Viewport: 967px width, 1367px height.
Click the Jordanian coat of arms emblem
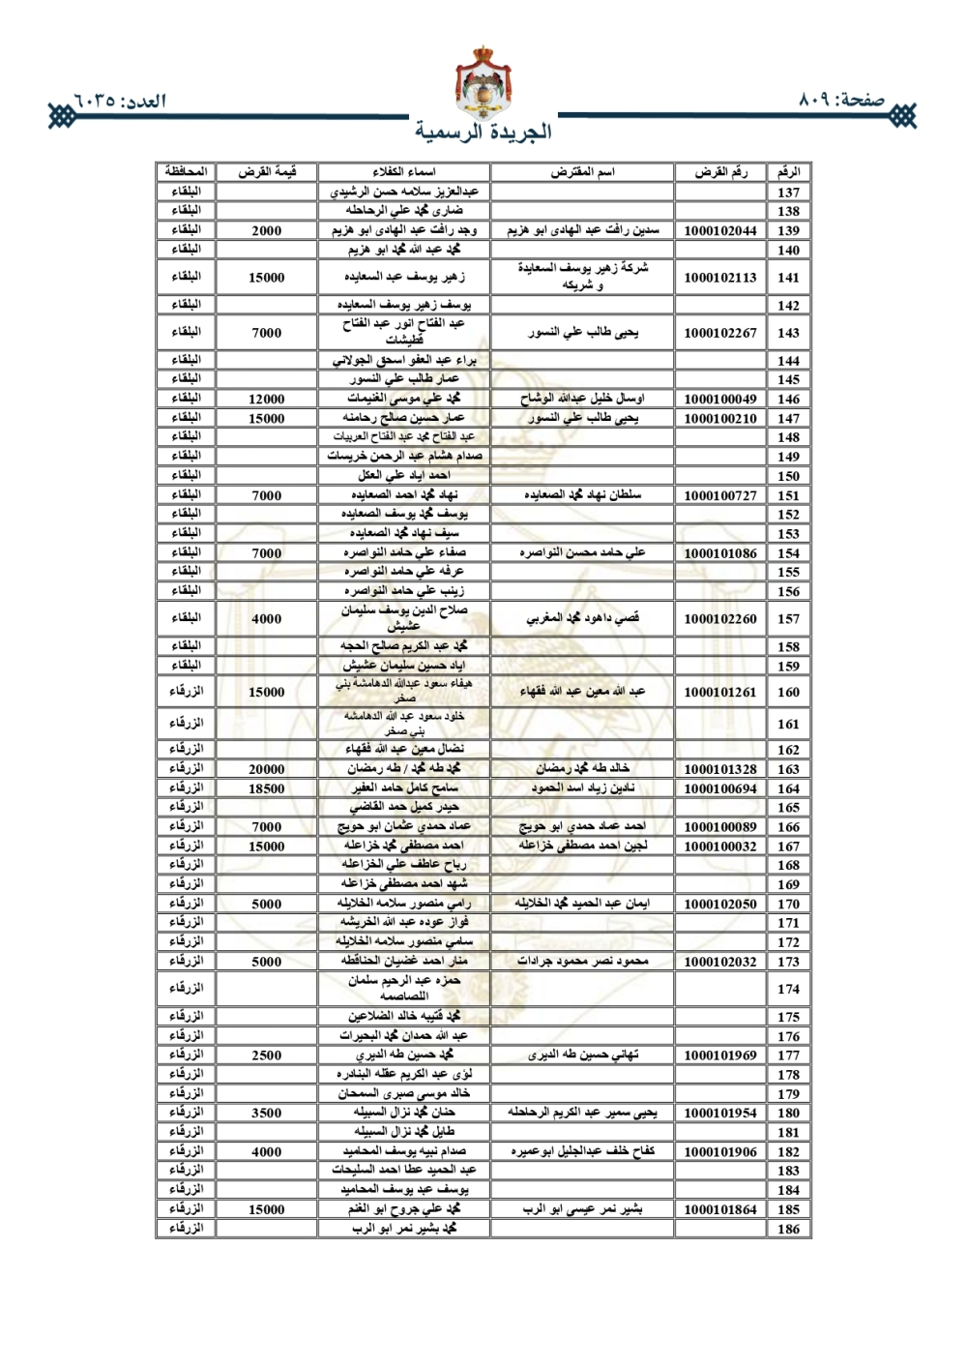pos(483,83)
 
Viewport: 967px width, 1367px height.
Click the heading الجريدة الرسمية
pos(483,132)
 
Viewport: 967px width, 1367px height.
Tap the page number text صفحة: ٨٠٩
pos(842,100)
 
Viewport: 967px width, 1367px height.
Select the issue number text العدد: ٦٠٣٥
pos(119,101)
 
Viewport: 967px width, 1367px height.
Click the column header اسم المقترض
pos(582,172)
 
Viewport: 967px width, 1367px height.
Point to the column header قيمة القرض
pos(267,172)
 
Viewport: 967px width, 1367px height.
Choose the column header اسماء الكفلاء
pos(403,172)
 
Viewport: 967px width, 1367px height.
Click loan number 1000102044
pos(719,231)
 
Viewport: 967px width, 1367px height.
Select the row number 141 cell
pos(788,278)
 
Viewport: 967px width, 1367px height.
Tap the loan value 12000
pos(267,399)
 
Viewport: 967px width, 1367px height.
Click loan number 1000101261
pos(719,693)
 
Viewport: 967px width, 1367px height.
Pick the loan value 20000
pos(267,769)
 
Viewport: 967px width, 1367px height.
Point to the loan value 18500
pos(267,788)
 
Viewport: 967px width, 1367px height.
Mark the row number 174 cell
pos(788,989)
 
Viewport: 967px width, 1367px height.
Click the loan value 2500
pos(267,1055)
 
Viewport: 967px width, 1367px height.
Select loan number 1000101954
pos(719,1114)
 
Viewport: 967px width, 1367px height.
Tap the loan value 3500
pos(267,1114)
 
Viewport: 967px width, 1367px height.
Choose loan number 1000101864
pos(719,1209)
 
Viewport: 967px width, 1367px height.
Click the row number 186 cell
pos(788,1229)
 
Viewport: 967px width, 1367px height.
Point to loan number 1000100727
pos(719,495)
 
